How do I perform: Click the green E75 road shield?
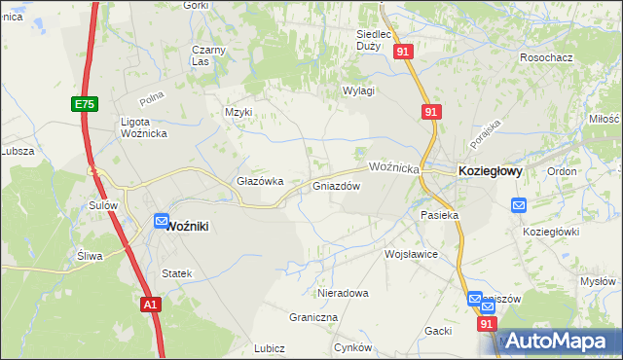[84, 103]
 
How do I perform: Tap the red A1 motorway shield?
[149, 305]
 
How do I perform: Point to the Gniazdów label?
[337, 186]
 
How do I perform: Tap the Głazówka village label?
[260, 181]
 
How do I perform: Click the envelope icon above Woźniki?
[162, 221]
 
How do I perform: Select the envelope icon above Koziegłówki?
[519, 205]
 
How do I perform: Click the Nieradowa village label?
[344, 292]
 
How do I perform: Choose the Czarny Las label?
[208, 55]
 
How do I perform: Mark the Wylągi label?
[358, 90]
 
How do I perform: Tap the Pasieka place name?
[438, 214]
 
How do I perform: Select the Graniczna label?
[313, 317]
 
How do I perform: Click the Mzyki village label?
[238, 112]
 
